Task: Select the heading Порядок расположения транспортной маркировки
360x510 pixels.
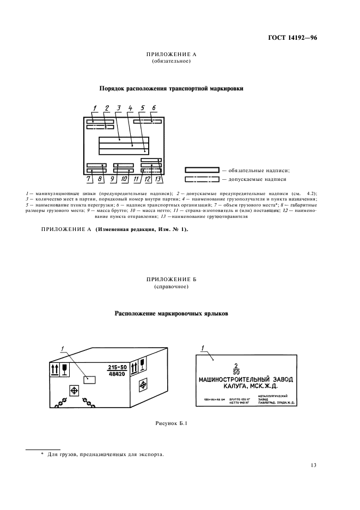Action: click(x=171, y=88)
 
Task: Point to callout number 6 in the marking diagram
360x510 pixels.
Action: click(x=154, y=107)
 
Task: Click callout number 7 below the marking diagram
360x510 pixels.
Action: click(x=88, y=178)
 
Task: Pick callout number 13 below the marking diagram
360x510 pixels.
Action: click(x=158, y=178)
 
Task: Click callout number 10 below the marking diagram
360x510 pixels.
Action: click(x=124, y=178)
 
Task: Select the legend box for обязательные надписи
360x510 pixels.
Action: click(x=202, y=170)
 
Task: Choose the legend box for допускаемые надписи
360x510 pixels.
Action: click(x=202, y=179)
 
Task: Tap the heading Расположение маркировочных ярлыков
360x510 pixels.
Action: click(x=171, y=314)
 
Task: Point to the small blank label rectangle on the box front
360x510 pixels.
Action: click(x=89, y=378)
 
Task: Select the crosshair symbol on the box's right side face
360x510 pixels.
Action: click(x=143, y=385)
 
